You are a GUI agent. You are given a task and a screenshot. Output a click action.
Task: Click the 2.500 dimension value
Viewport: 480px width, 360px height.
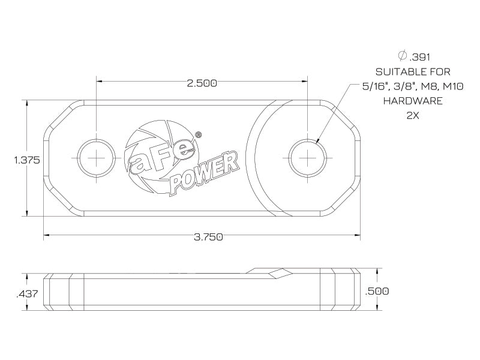click(x=201, y=83)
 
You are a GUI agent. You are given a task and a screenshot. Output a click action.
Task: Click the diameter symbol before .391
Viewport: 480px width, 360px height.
click(x=403, y=56)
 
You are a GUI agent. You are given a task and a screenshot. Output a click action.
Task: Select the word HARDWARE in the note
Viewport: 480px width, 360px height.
click(x=413, y=101)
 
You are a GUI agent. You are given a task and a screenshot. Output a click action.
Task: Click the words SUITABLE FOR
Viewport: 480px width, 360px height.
click(x=413, y=71)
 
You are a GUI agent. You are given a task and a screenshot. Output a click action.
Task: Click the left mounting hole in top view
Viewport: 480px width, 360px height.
click(x=95, y=158)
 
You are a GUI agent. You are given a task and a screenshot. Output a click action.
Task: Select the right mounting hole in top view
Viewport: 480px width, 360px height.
click(x=308, y=158)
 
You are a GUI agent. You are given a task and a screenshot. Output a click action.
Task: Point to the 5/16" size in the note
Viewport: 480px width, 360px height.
click(x=375, y=86)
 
